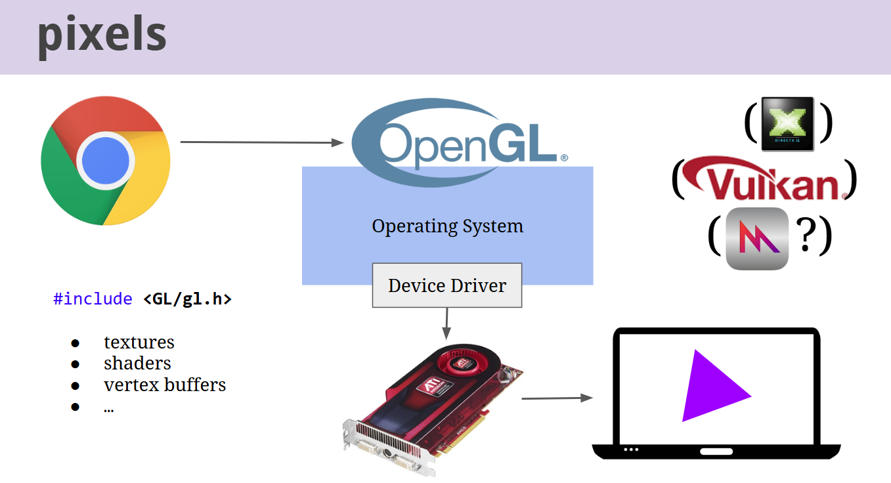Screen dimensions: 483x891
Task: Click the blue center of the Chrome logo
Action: [106, 160]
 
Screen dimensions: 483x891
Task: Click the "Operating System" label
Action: [447, 226]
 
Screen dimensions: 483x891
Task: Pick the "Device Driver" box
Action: [447, 285]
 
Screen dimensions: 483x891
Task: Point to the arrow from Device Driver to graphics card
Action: [446, 322]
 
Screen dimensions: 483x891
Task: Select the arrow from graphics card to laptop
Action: [556, 398]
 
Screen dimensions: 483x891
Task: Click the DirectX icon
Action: [787, 123]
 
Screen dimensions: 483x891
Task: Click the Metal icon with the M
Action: [757, 238]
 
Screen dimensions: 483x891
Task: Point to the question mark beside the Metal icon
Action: [806, 236]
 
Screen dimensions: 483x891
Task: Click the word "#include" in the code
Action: [93, 299]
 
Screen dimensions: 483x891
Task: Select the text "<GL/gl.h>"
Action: [187, 299]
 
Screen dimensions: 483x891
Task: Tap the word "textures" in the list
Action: [139, 343]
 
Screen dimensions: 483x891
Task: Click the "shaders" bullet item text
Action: [137, 364]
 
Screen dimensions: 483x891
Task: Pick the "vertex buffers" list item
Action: [165, 385]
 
